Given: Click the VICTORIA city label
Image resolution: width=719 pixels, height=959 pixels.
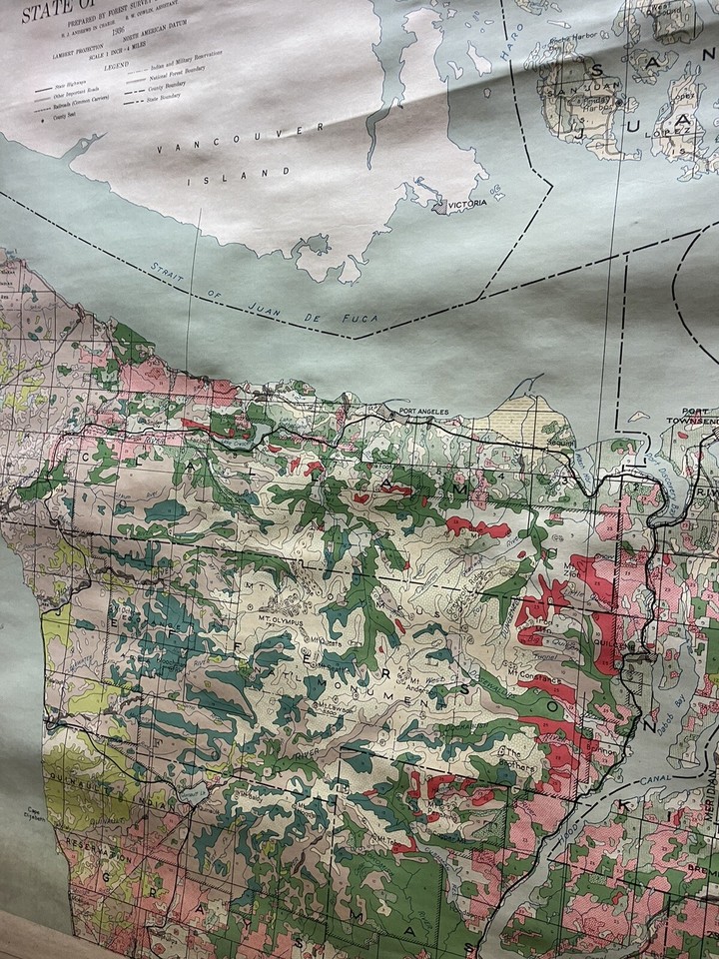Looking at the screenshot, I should [467, 203].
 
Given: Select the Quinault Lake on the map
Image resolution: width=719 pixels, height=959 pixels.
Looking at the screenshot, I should [188, 792].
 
